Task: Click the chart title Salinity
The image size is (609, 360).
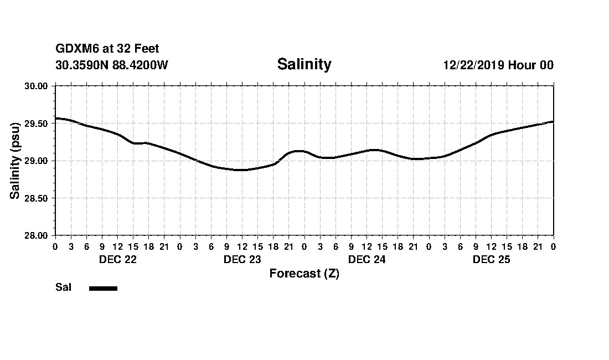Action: [x=304, y=64]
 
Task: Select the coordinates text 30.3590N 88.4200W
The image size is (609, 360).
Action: [x=111, y=65]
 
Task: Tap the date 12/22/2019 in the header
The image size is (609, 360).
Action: [x=473, y=65]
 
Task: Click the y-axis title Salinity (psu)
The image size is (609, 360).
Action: [x=16, y=161]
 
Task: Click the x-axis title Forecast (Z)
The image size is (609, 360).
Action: [x=304, y=274]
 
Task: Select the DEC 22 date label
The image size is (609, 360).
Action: [x=117, y=260]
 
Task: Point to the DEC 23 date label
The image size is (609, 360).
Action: [x=242, y=260]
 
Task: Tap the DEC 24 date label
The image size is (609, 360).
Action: [x=367, y=260]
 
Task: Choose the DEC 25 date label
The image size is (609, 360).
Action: [x=491, y=260]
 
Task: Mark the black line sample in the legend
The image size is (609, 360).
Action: [x=103, y=288]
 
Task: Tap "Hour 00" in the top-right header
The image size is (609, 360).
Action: [x=530, y=65]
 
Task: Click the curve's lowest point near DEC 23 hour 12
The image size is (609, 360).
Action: [x=241, y=170]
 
